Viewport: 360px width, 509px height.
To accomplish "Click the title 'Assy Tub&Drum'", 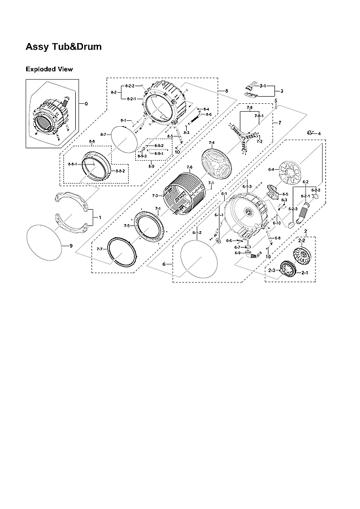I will (x=63, y=47).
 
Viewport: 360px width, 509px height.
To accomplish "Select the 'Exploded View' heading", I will (x=49, y=69).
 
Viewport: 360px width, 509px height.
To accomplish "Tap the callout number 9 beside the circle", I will (x=71, y=246).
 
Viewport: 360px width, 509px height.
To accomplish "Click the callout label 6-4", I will (x=271, y=170).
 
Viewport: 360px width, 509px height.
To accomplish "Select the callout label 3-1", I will (x=263, y=86).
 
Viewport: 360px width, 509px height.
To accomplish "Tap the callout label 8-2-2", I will (x=129, y=86).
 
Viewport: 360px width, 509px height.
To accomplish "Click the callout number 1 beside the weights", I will (x=99, y=216).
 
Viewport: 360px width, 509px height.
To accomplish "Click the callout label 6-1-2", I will (x=197, y=233).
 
